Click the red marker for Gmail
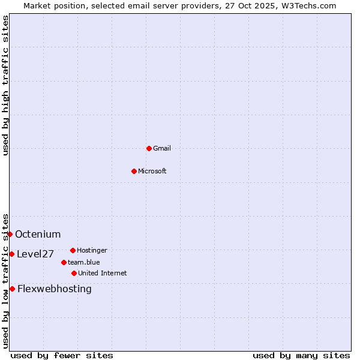click(149, 148)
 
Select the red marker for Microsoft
click(134, 171)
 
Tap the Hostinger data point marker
click(73, 250)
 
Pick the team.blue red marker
click(64, 262)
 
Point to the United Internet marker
click(74, 273)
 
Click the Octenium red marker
click(10, 234)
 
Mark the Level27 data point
click(11, 254)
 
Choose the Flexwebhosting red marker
click(12, 289)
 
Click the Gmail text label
click(162, 148)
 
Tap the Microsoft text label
click(152, 171)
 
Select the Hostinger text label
click(92, 250)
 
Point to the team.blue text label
click(84, 262)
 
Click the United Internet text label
click(102, 273)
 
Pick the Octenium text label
click(38, 234)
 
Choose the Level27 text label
click(35, 254)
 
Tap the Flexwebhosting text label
click(55, 289)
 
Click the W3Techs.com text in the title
click(310, 5)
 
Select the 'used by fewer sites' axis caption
click(62, 355)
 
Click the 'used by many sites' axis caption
click(301, 355)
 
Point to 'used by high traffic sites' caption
click(5, 85)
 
